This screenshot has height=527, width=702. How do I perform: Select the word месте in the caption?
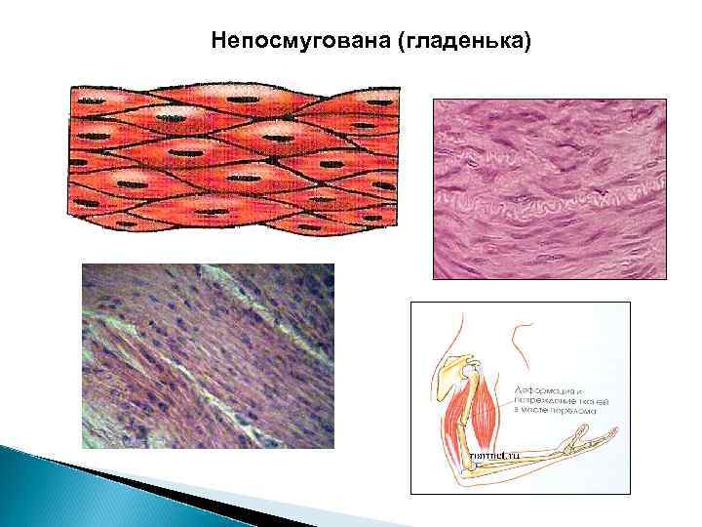(x=541, y=411)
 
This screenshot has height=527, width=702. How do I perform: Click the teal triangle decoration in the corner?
(x=58, y=488)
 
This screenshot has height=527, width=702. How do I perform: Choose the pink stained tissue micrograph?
(x=549, y=188)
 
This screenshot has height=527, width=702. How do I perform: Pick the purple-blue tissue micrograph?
(x=208, y=356)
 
